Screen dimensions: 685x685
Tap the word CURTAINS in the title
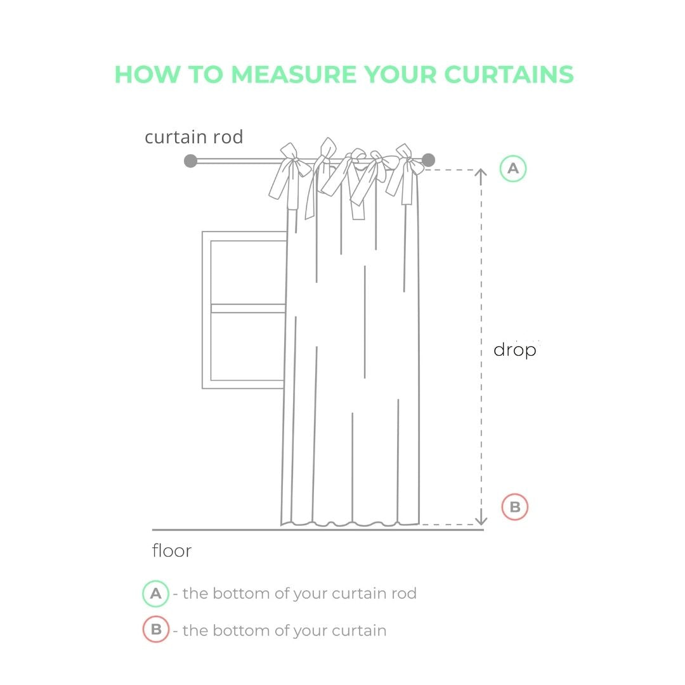coord(509,74)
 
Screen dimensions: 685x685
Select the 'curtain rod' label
coord(193,137)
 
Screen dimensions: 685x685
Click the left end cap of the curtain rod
coord(190,160)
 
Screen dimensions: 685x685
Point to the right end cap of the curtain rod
coord(429,160)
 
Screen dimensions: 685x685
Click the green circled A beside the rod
coord(513,169)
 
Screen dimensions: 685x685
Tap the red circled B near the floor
coord(514,507)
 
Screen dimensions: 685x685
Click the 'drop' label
coord(514,350)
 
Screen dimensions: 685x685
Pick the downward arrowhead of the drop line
coord(481,520)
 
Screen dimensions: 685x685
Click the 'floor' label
coord(172,551)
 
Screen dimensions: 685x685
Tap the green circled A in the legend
coord(155,594)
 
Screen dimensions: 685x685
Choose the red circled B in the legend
coord(156,629)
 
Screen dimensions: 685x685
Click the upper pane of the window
coord(248,272)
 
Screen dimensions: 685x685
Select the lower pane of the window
coord(248,346)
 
